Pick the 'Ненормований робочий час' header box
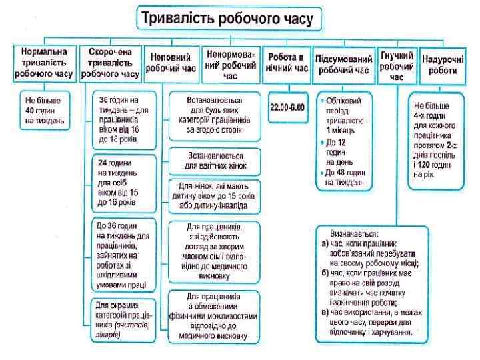[231, 64]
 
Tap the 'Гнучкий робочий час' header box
[397, 67]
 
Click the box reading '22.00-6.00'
[287, 106]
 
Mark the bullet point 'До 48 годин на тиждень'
[343, 176]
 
